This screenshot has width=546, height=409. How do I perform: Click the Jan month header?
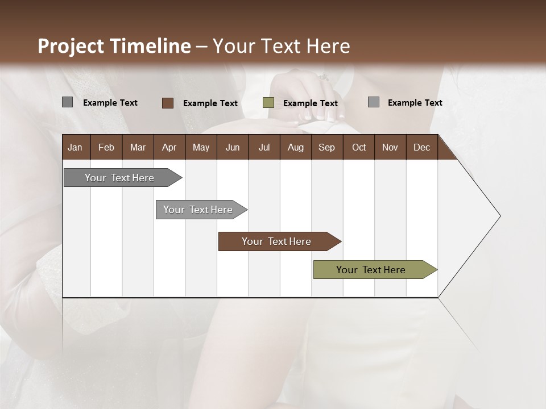pos(75,147)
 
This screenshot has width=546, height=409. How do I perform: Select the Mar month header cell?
pos(138,147)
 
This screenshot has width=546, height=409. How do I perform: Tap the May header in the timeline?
pos(201,147)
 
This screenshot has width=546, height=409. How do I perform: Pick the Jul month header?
pos(264,147)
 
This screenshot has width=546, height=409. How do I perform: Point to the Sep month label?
pos(326,147)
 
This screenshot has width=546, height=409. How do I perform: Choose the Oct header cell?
pos(359,147)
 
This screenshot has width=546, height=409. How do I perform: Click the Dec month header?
pos(421,147)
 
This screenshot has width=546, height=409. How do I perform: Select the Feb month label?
pos(106,147)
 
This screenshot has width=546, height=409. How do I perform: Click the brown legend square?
pos(168,103)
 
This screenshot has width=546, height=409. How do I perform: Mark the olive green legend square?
pos(268,103)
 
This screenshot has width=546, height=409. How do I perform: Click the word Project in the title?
pos(71,46)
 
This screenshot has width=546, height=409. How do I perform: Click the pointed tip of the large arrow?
pos(499,216)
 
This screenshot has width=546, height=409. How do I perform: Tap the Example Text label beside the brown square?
pos(210,103)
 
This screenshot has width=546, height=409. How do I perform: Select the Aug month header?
pos(295,147)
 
